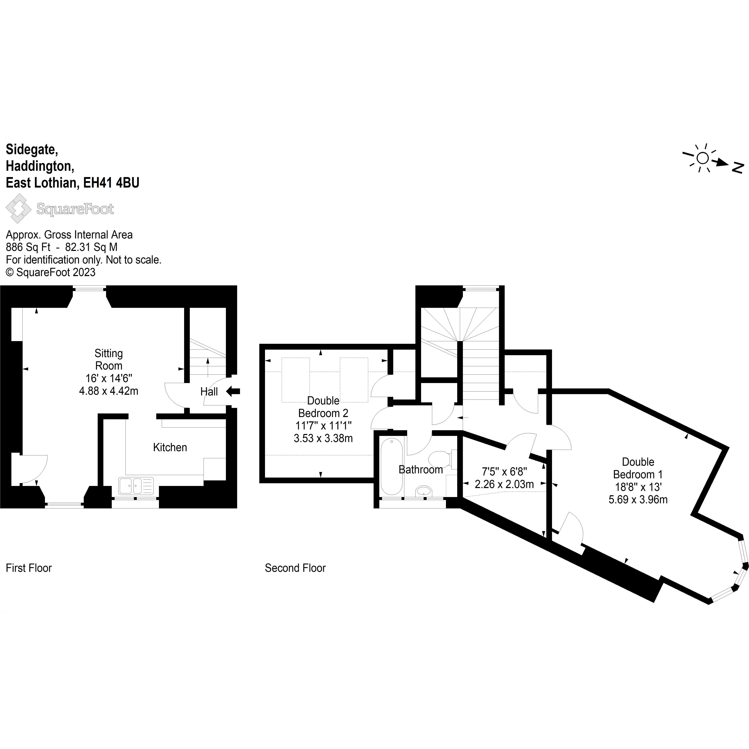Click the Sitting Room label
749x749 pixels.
109,359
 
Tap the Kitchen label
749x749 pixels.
170,447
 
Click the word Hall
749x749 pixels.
209,392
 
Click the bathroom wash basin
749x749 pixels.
423,492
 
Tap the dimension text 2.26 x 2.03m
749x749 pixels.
504,484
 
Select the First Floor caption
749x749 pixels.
29,568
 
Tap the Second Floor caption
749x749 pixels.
295,568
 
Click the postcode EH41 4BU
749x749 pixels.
111,183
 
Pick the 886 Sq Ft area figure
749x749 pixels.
28,247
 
